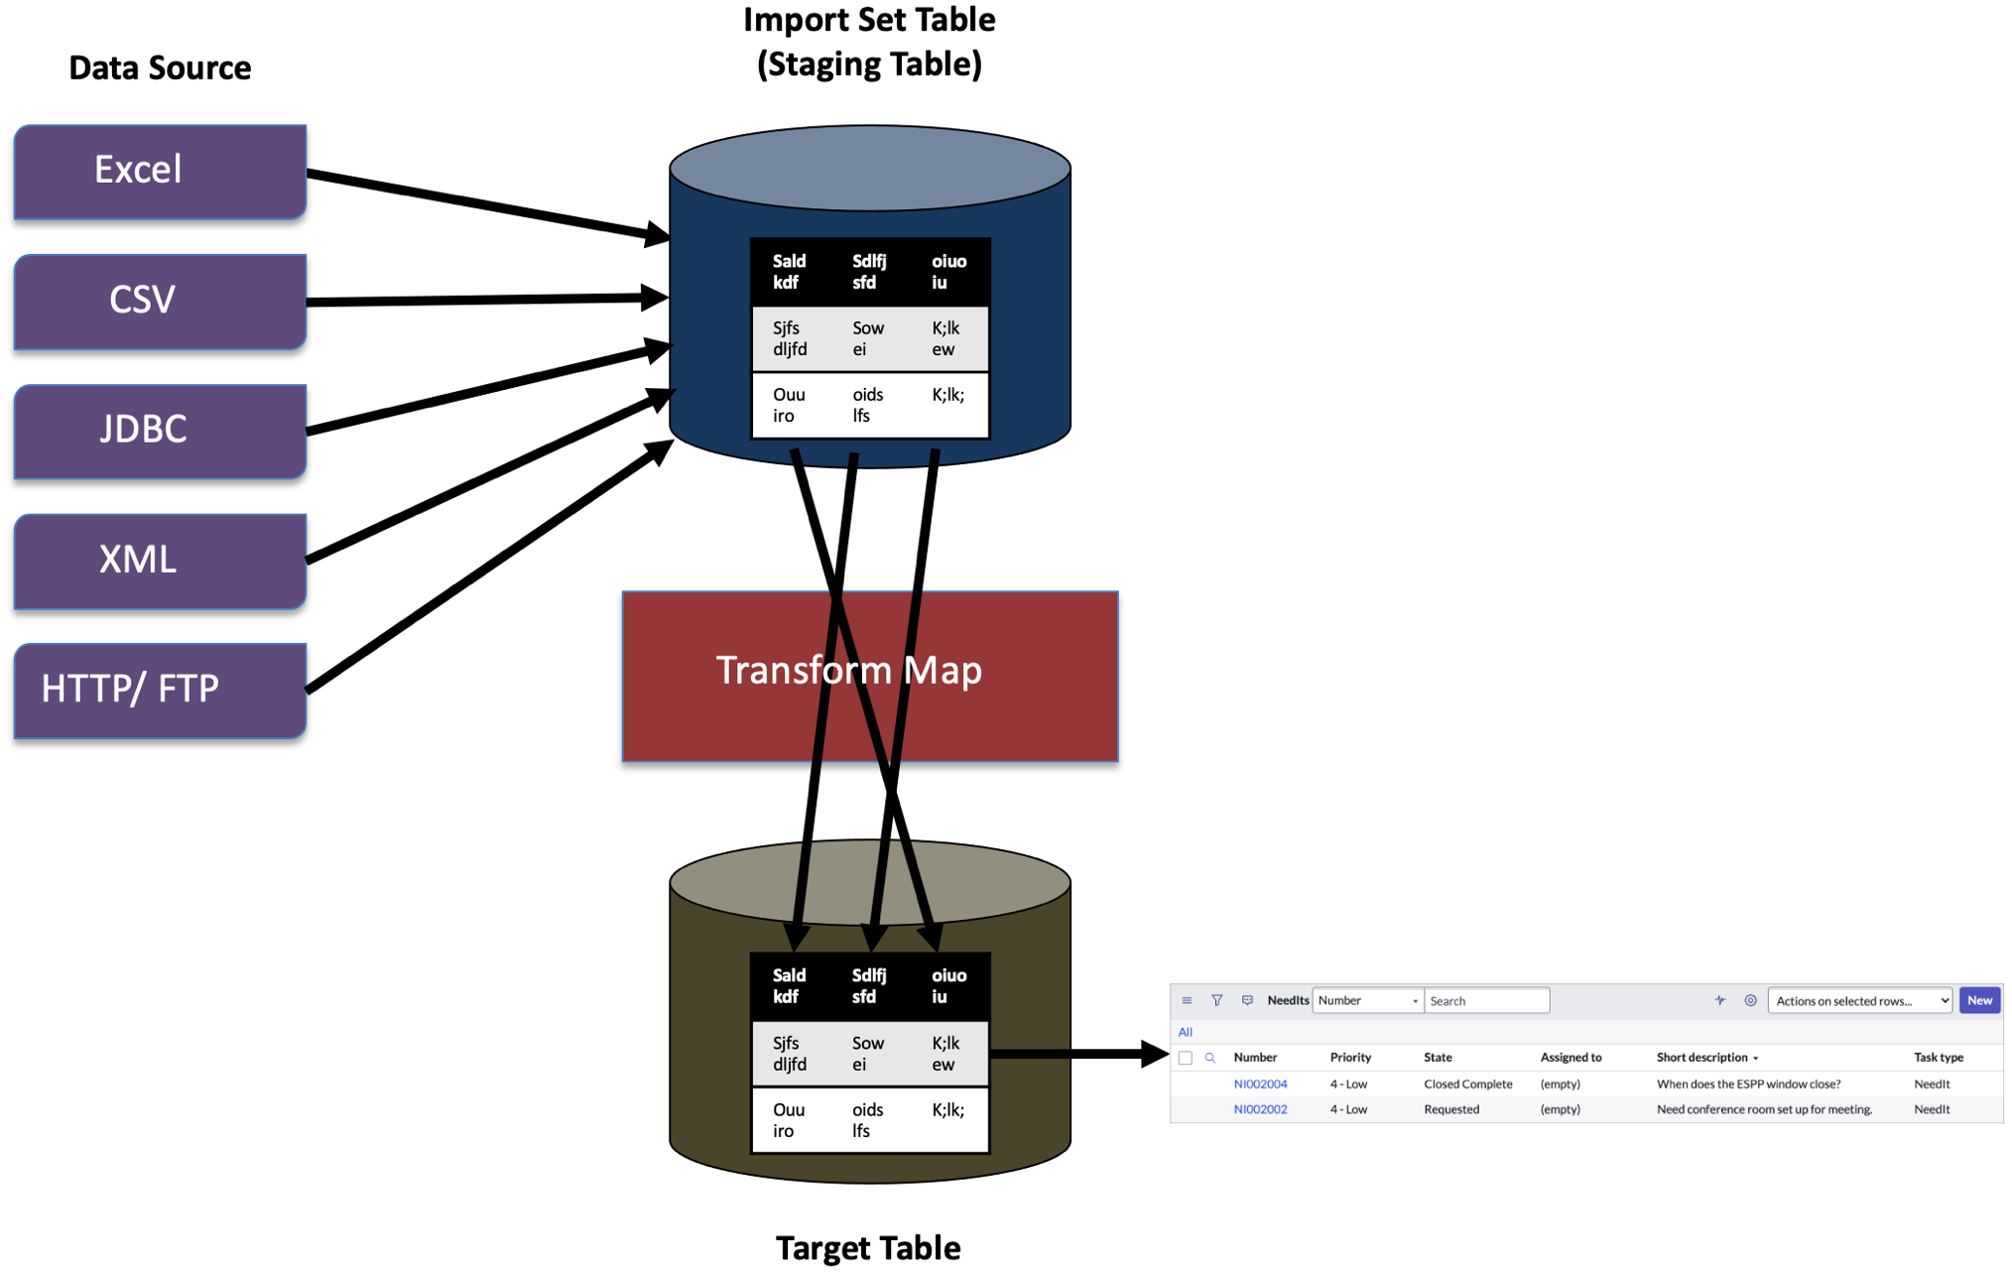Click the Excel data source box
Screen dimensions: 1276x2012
point(159,171)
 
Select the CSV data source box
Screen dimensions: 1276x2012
point(159,301)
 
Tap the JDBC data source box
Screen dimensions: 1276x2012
point(159,431)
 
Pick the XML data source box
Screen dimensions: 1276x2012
point(159,561)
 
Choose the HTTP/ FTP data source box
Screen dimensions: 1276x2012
point(159,690)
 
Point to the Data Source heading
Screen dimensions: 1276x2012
point(160,67)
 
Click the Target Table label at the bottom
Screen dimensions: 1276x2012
point(867,1247)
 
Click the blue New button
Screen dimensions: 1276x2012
point(1979,1000)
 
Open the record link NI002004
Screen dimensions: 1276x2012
point(1260,1084)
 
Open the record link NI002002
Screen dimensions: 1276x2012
point(1260,1109)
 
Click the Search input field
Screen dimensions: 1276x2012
point(1485,1000)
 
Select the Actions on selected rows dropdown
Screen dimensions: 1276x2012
point(1859,1000)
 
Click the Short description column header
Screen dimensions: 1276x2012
point(1701,1057)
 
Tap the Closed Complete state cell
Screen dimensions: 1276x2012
point(1467,1084)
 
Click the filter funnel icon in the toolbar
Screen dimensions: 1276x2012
point(1216,1000)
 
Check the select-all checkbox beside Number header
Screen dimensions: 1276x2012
point(1185,1058)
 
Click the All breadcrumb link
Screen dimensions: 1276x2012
point(1185,1032)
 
